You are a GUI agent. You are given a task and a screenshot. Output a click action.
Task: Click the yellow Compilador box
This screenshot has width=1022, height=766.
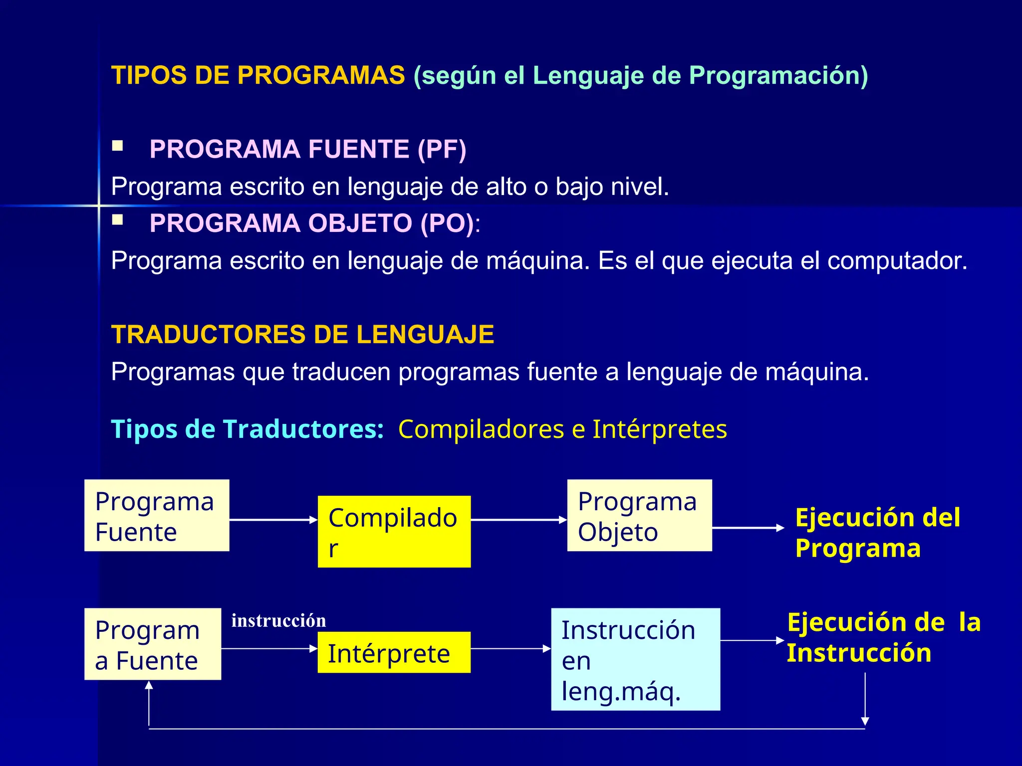tap(394, 532)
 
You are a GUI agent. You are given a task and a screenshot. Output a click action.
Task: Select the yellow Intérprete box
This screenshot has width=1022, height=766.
tap(394, 652)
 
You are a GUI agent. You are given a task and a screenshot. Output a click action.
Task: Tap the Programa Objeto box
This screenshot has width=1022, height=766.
tap(639, 516)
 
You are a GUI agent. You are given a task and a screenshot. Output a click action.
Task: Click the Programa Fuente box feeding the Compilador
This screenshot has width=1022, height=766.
tap(157, 516)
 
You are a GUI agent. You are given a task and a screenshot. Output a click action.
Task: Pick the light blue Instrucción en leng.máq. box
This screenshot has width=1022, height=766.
tap(635, 659)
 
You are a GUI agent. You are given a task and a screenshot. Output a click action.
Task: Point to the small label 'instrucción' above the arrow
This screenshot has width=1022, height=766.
tap(278, 621)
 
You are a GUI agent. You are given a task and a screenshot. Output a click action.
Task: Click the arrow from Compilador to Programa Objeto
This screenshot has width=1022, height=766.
tap(519, 520)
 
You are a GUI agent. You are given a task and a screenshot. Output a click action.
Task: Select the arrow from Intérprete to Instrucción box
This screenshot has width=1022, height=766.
tap(511, 649)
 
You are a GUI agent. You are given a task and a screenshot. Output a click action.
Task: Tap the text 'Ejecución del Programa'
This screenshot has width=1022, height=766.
tap(877, 533)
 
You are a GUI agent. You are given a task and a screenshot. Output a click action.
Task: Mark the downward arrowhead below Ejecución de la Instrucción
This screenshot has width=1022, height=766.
tap(865, 721)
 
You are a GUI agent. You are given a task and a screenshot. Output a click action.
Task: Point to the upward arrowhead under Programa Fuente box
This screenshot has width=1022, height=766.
tap(149, 686)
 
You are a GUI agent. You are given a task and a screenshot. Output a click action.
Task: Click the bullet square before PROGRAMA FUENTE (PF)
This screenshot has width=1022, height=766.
tap(118, 146)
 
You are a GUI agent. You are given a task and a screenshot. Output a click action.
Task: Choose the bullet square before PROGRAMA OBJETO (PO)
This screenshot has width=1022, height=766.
tap(118, 220)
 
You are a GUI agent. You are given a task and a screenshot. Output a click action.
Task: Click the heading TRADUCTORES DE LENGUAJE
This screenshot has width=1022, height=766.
tap(302, 334)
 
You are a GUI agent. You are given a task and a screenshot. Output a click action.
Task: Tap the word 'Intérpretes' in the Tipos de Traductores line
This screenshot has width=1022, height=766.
tap(660, 429)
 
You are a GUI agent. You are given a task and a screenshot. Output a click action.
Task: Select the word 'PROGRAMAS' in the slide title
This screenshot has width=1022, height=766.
tap(321, 75)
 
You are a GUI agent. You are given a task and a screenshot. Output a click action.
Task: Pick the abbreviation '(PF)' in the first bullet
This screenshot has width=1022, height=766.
tap(442, 149)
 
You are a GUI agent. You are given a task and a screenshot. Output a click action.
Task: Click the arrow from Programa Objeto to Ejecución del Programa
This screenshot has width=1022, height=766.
tap(748, 528)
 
